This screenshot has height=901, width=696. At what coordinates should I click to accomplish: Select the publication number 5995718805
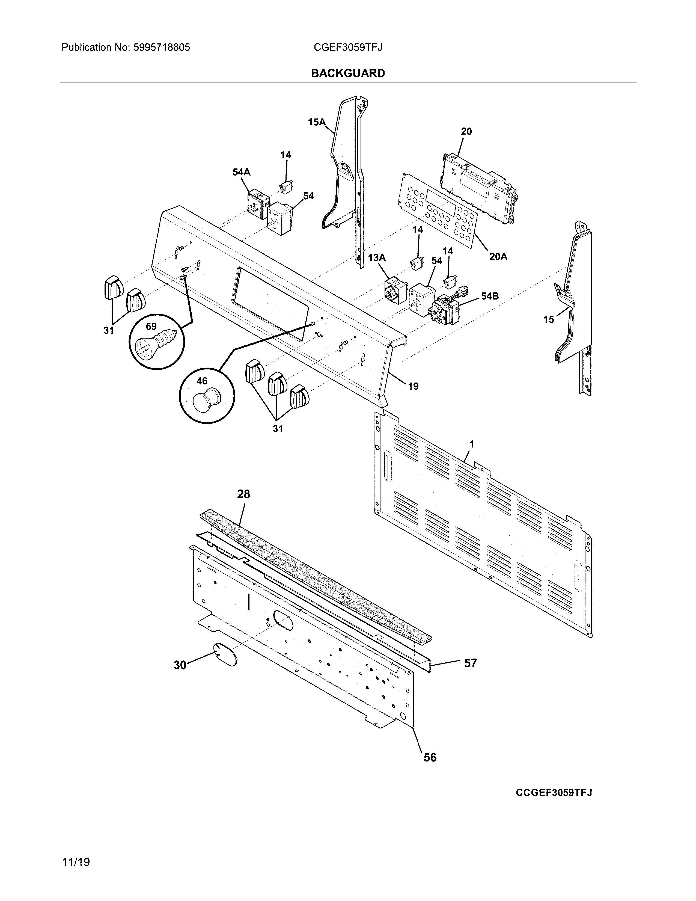pos(161,48)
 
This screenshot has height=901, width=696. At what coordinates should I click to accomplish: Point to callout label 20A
pos(498,257)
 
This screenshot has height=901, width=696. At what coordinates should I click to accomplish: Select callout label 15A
pos(317,122)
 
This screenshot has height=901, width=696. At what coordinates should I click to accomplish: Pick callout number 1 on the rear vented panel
pos(471,444)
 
